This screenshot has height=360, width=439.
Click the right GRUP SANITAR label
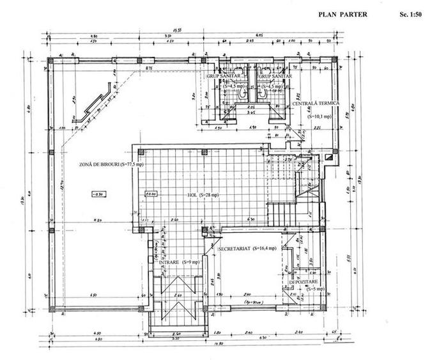[275, 75]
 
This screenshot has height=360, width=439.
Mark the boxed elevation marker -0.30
[97, 194]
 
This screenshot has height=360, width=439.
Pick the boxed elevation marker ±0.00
[151, 193]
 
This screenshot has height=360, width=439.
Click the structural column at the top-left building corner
[53, 61]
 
